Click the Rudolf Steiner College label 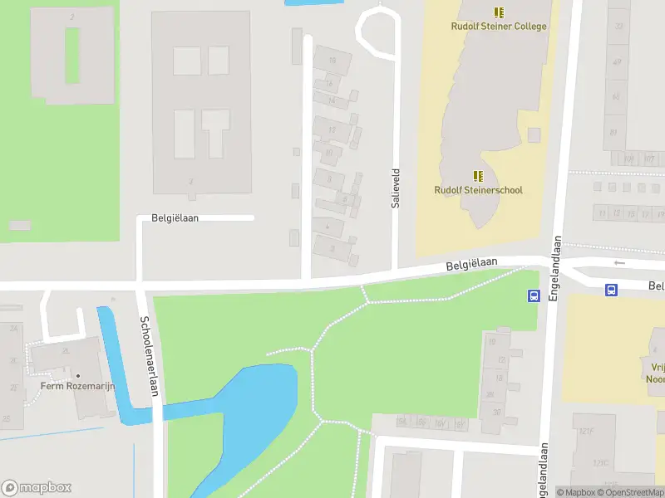point(499,26)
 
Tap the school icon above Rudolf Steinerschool point(478,176)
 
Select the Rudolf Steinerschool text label point(478,190)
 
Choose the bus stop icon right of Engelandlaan point(611,290)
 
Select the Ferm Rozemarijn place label point(77,386)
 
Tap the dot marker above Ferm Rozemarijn point(77,375)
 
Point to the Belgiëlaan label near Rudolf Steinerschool point(471,264)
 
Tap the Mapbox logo point(37,487)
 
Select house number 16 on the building point(333,59)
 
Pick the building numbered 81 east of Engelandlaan point(614,131)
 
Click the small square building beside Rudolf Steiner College point(534,134)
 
